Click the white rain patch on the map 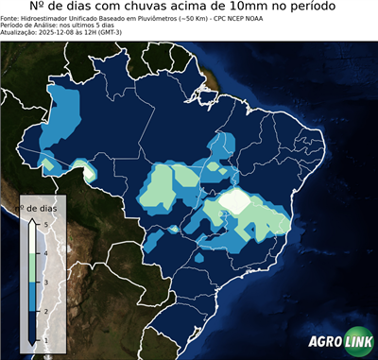point(235,200)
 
